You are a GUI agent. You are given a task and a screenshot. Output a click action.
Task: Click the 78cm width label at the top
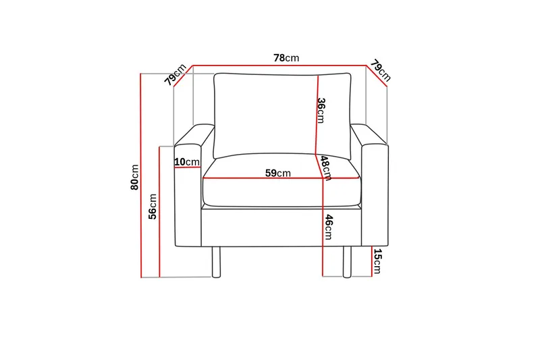[x=286, y=58]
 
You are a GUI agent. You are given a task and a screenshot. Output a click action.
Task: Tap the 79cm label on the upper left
[x=175, y=74]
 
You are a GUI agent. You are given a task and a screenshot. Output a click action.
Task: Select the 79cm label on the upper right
[x=381, y=71]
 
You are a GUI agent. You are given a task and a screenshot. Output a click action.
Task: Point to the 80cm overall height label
[x=134, y=177]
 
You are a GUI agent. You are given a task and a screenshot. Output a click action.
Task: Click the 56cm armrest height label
[x=153, y=207]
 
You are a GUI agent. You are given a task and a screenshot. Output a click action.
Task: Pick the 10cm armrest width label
[x=187, y=161]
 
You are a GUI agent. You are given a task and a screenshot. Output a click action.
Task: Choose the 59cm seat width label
[x=278, y=173]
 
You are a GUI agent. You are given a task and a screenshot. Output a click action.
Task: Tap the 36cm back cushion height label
[x=321, y=111]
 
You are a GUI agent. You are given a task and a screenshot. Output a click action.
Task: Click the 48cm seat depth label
[x=326, y=168]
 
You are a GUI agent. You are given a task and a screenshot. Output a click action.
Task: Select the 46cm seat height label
[x=329, y=227]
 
